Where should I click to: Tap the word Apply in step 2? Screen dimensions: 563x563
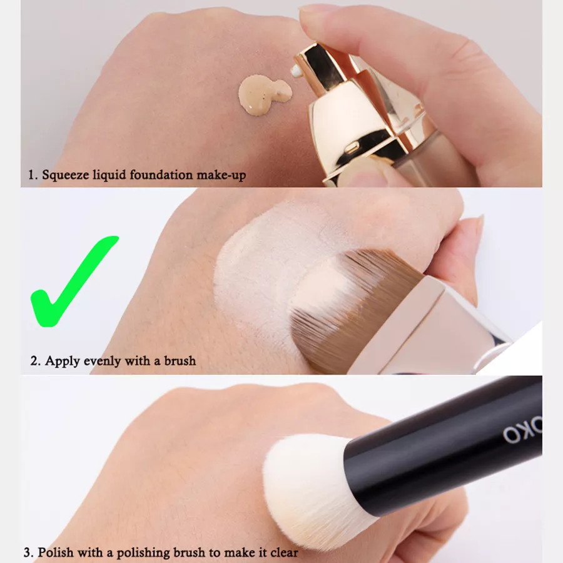[x=62, y=361]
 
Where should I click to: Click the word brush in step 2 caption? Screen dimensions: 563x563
[x=180, y=360]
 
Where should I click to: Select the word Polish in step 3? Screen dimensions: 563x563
[x=56, y=552]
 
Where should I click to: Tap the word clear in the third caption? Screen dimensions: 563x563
[x=284, y=552]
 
